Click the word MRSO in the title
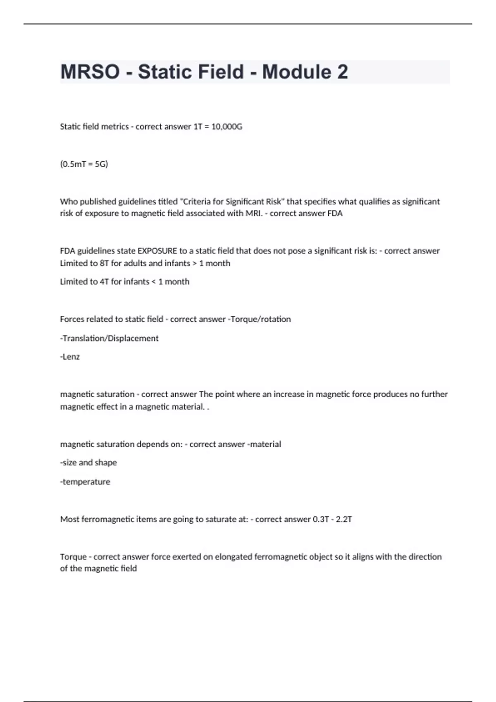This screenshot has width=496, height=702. pos(90,72)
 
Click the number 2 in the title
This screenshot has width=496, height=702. pos(342,72)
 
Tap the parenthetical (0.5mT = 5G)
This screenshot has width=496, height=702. pos(84,164)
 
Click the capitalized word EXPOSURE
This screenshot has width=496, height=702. pos(157,251)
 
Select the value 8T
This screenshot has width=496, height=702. pos(104,263)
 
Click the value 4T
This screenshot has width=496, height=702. pos(104,282)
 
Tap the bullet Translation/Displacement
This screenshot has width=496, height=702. pos(110,338)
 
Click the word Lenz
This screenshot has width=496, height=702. pos(71,357)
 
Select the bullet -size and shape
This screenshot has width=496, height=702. pos(88,462)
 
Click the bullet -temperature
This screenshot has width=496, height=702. pos(85,481)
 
